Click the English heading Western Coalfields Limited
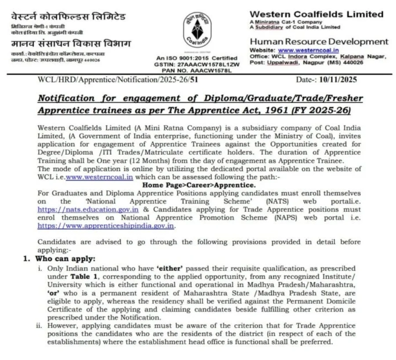316,14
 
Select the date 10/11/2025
340,80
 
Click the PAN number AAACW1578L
212,70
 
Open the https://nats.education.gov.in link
88,210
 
